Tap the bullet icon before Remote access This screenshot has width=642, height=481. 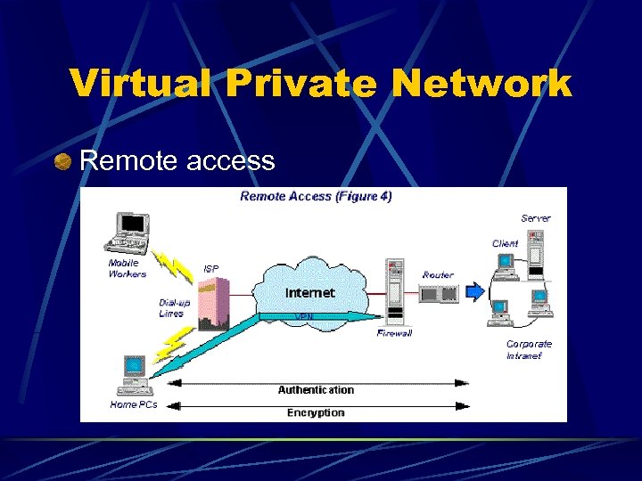pos(62,161)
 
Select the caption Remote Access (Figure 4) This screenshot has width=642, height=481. pos(316,196)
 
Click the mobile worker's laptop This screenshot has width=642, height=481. pos(129,233)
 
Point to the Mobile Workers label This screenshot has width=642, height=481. pos(128,268)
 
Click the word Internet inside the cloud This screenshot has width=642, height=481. pos(309,292)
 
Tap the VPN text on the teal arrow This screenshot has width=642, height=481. pos(303,315)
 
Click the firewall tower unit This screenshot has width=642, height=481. pos(393,291)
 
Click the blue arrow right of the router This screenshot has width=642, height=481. pos(476,290)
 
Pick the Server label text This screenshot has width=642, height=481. pos(536,217)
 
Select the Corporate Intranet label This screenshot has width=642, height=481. pos(529,349)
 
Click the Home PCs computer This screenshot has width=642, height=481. pos(135,375)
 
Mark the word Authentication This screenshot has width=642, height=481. pos(316,389)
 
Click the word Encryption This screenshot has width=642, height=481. pos(316,412)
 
